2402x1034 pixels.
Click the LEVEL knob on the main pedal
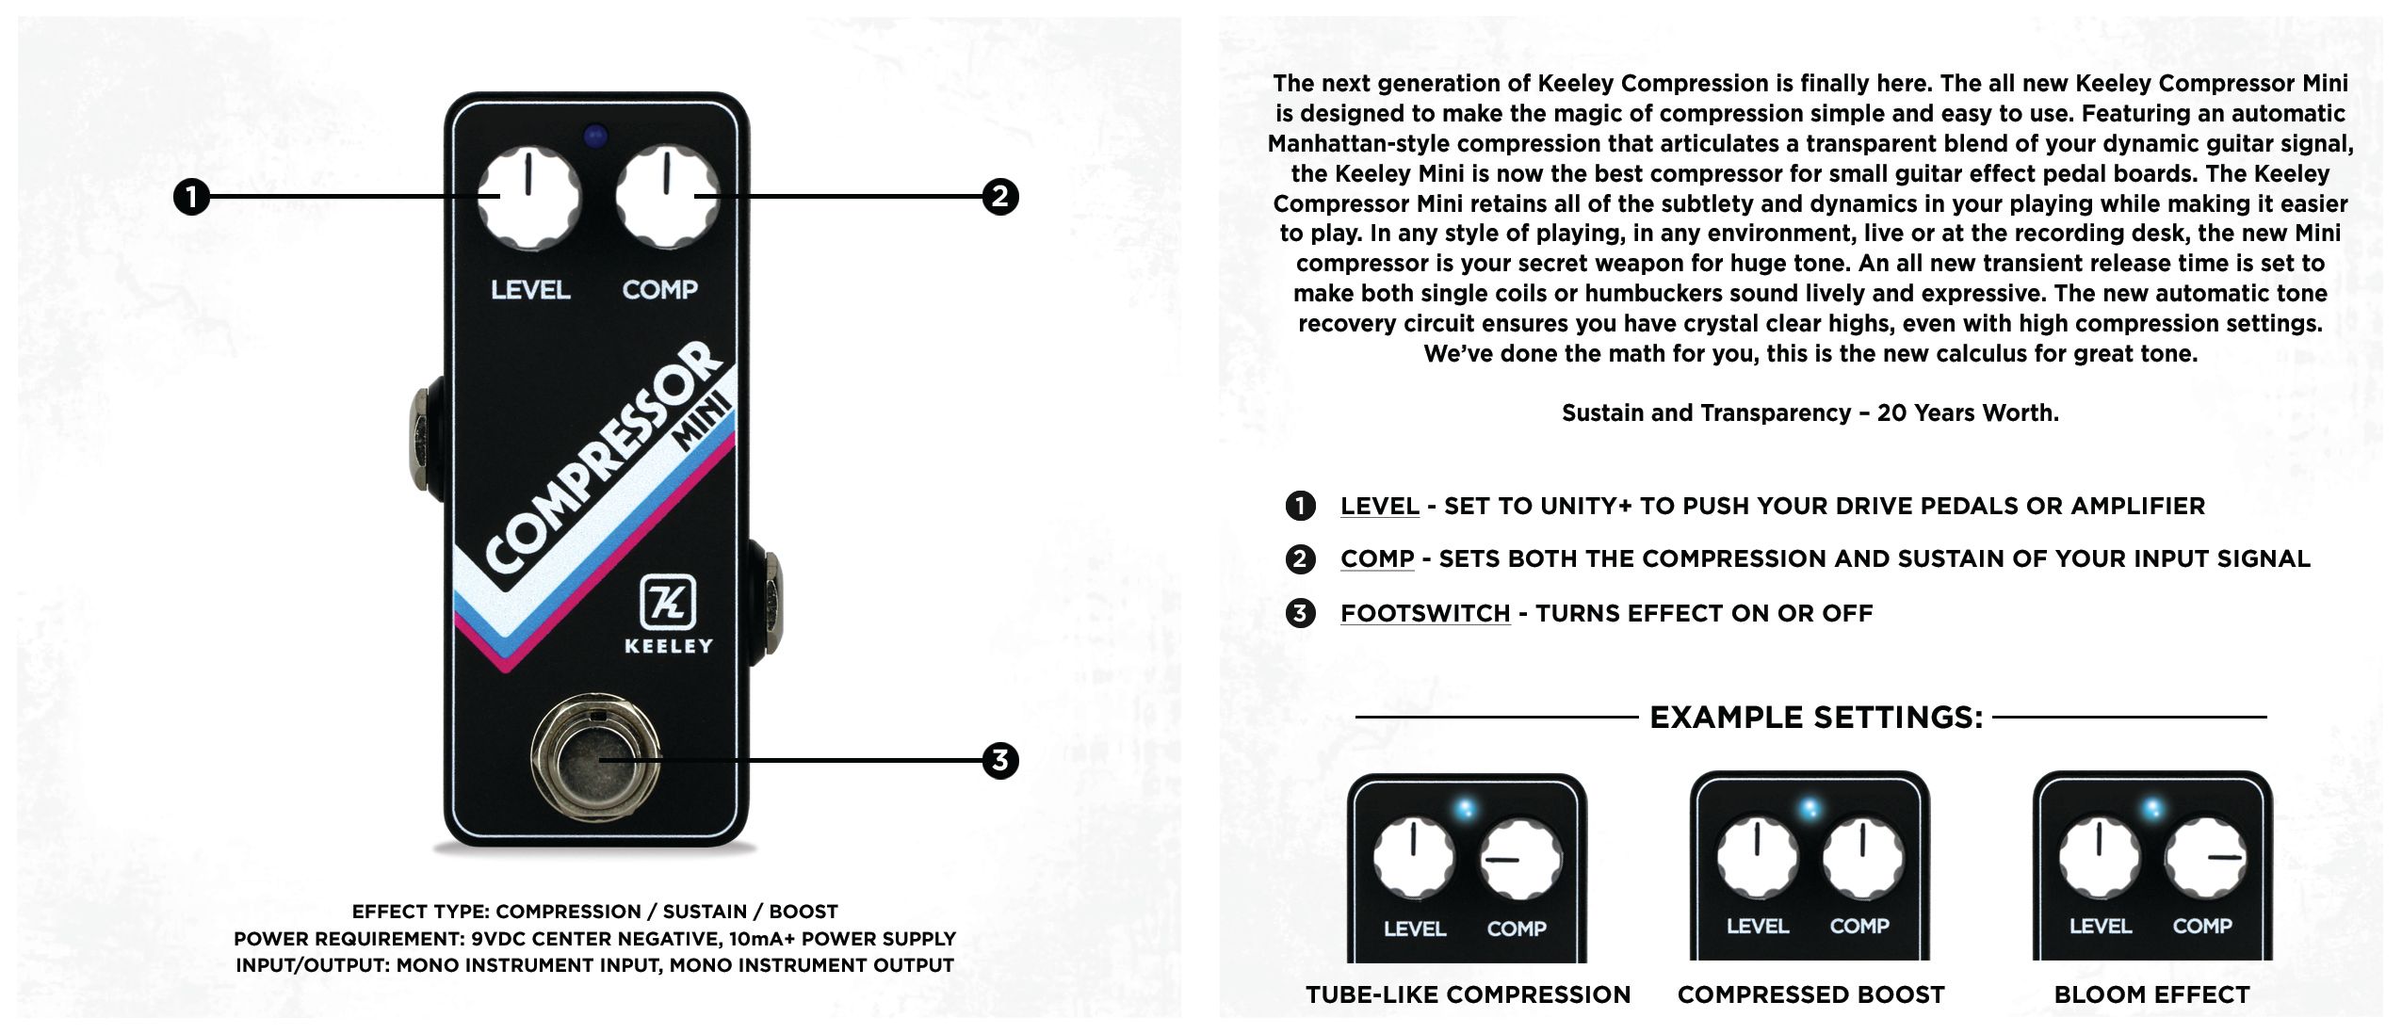(529, 198)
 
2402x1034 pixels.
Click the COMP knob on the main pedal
(667, 198)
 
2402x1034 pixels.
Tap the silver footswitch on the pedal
(595, 759)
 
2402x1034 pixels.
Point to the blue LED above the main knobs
(594, 137)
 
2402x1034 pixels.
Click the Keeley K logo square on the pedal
(668, 601)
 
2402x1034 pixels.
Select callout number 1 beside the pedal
(192, 198)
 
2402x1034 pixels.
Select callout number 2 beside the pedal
(1000, 197)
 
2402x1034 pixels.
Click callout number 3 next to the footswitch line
(1000, 760)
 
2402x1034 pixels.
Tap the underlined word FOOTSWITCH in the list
(1425, 613)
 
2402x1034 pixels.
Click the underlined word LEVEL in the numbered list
(1380, 506)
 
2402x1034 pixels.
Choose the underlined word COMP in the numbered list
(1377, 558)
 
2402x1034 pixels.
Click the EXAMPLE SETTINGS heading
(1816, 718)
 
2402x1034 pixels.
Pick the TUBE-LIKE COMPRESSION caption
(1468, 994)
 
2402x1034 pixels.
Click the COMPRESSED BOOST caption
(1810, 994)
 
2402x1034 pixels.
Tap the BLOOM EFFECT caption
(2151, 994)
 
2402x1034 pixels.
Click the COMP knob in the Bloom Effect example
(2205, 858)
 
